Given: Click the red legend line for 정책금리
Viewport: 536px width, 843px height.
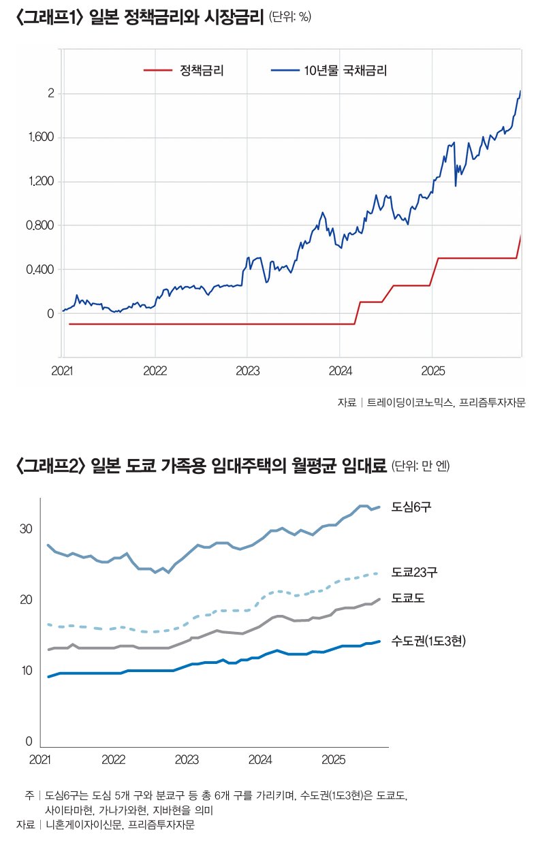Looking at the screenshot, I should tap(157, 69).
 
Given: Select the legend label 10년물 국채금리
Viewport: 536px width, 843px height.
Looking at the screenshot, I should tap(350, 69).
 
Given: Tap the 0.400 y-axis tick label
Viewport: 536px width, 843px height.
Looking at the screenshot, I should tap(40, 270).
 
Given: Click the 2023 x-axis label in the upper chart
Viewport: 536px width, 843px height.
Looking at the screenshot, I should tap(247, 370).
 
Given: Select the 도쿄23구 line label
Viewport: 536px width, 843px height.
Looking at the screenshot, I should tap(415, 572).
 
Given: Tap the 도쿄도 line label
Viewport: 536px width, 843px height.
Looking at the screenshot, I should tap(409, 599).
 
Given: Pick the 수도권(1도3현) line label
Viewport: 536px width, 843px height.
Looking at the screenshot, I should tap(428, 641).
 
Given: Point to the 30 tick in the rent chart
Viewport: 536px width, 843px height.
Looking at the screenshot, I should tap(26, 529).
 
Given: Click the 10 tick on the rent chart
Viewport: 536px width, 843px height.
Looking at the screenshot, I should tap(26, 671).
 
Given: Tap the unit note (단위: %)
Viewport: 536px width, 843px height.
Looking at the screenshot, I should tap(290, 18).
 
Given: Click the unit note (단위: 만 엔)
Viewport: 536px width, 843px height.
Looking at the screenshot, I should tap(421, 466).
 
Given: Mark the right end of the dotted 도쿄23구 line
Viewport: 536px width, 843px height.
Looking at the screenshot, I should tap(377, 573).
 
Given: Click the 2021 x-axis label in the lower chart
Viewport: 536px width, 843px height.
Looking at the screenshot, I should tap(41, 759).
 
